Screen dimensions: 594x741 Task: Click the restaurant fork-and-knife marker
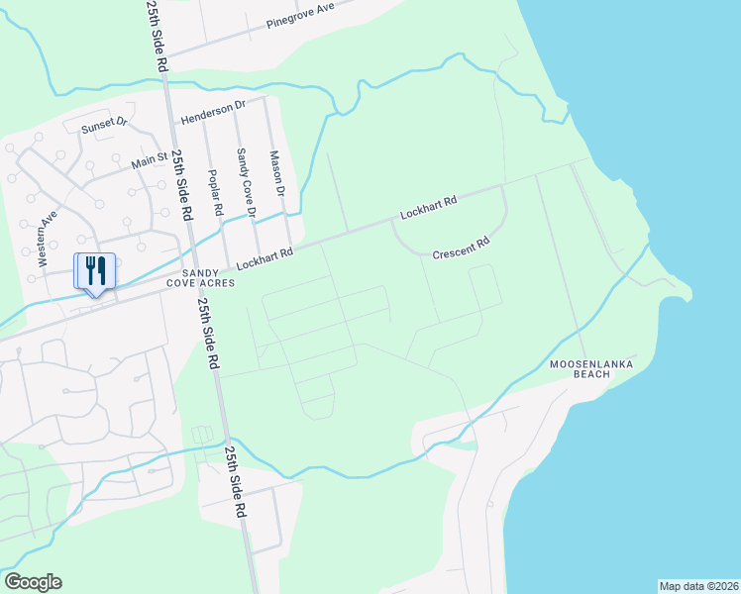95,270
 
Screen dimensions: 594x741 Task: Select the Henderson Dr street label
212,112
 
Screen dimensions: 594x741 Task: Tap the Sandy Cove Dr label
245,183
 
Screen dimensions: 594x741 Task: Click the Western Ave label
46,239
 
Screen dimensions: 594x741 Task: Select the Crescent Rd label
462,247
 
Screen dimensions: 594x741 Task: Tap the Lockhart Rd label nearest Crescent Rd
428,208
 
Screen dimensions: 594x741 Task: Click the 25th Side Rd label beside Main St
182,185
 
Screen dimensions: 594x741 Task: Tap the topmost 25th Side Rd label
157,35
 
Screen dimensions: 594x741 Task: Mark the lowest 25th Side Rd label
235,482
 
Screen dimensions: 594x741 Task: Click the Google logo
33,581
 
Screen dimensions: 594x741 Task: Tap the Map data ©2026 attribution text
698,585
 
